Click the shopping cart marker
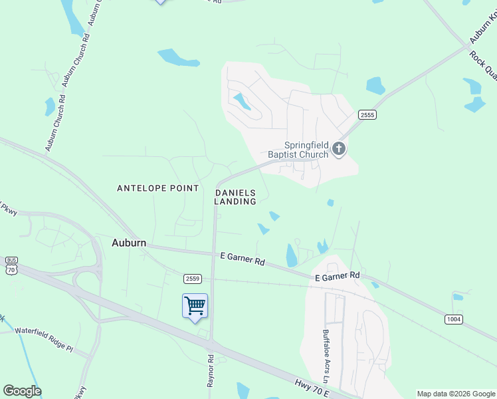pos(195,307)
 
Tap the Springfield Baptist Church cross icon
pos(339,148)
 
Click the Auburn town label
pos(128,243)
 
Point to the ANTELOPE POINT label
pos(158,188)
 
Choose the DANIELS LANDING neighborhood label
pos(235,196)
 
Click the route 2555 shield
pos(367,115)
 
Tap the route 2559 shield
pos(192,278)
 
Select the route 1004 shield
pos(453,319)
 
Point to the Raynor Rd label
pos(211,371)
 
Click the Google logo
pos(22,391)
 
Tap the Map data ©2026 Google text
pos(456,394)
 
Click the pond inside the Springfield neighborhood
pos(242,101)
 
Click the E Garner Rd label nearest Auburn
pos(243,259)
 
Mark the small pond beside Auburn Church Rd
pos(50,106)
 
